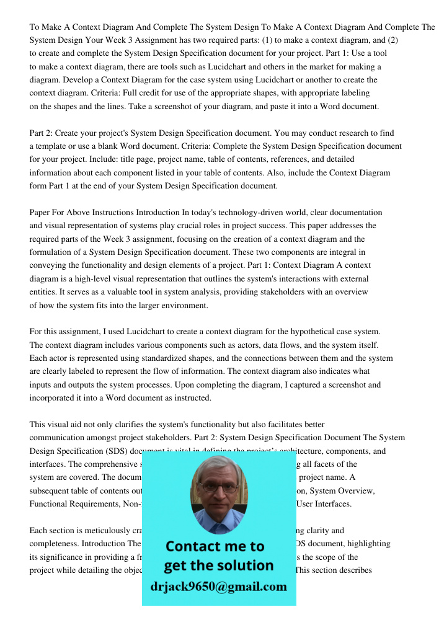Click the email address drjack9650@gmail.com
click(219, 587)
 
